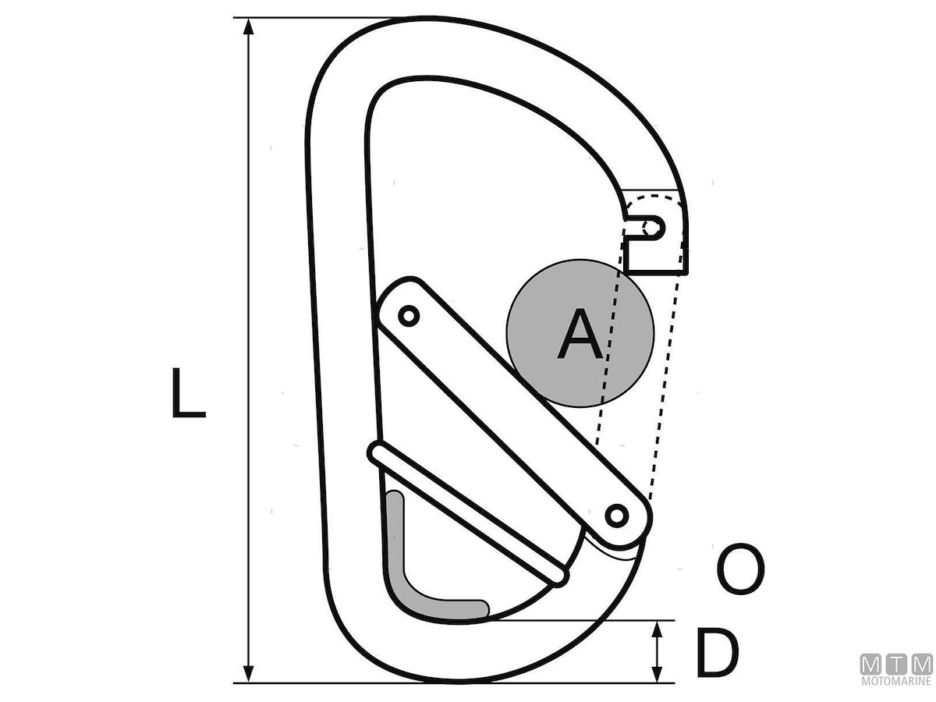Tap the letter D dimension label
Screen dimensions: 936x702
[x=717, y=652]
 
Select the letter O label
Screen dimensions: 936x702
[x=740, y=569]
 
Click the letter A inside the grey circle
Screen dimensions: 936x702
[x=580, y=333]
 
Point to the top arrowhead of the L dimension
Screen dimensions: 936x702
[x=249, y=26]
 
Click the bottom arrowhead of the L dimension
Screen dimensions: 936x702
[x=249, y=674]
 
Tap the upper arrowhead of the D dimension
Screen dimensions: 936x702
[x=658, y=630]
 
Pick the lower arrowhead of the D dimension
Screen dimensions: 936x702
[x=658, y=674]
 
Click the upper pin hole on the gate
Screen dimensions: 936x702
[x=409, y=316]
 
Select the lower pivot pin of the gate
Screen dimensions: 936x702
[x=617, y=516]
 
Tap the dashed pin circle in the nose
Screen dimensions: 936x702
[x=651, y=228]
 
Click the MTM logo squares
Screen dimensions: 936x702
[x=896, y=665]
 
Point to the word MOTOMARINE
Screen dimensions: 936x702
[x=896, y=681]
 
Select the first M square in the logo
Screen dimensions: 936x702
[x=870, y=665]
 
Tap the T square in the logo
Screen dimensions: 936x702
[x=896, y=665]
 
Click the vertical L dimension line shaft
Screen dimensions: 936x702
[x=249, y=350]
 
